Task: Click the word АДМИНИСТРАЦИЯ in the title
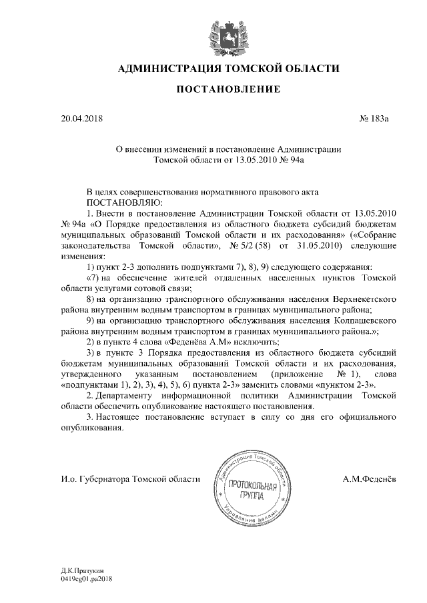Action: click(166, 68)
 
